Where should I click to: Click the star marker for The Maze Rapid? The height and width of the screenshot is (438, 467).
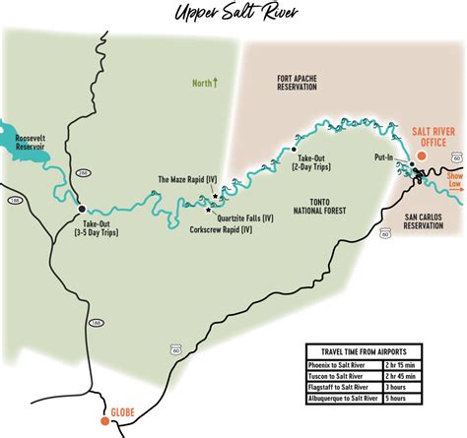pyautogui.click(x=216, y=197)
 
